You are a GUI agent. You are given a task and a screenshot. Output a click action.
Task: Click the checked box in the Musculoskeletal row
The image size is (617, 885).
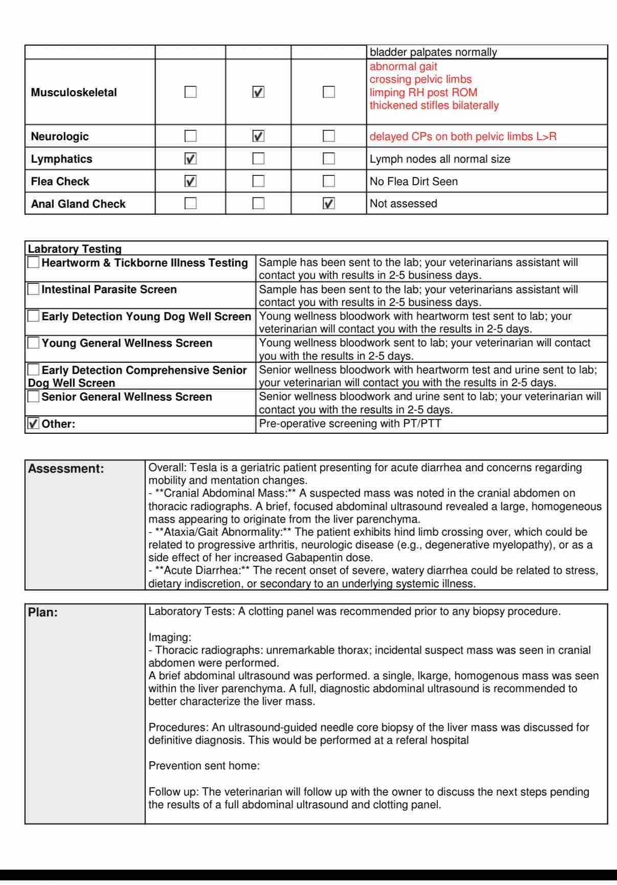click(x=259, y=93)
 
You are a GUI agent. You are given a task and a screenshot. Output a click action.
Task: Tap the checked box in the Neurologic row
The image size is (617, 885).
click(x=259, y=136)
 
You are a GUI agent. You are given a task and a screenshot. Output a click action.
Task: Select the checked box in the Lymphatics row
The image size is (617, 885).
click(x=190, y=159)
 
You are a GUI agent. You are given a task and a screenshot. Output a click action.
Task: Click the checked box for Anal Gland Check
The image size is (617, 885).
click(x=329, y=204)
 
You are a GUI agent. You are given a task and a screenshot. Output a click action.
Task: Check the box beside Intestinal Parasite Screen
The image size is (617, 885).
click(x=34, y=290)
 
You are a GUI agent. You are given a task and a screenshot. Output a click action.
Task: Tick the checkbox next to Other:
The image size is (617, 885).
click(x=34, y=424)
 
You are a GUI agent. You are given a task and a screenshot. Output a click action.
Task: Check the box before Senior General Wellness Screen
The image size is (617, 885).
click(x=34, y=396)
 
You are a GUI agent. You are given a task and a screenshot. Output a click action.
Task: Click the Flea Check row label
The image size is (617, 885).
click(x=60, y=182)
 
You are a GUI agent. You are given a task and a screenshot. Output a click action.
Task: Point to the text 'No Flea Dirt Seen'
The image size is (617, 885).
click(x=413, y=182)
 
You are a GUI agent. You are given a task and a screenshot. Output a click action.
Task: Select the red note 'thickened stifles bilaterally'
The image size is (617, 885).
click(x=434, y=105)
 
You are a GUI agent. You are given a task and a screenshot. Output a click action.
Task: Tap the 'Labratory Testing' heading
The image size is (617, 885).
click(x=75, y=249)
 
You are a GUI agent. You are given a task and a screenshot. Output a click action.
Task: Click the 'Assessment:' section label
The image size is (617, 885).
click(x=66, y=469)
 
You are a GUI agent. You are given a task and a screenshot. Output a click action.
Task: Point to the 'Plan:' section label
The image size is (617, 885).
click(x=43, y=612)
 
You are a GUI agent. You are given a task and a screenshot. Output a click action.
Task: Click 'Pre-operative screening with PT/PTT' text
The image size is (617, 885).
click(x=350, y=424)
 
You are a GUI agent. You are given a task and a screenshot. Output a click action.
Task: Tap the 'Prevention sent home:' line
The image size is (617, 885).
click(x=204, y=766)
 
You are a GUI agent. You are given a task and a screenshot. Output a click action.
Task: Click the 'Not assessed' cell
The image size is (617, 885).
click(x=403, y=204)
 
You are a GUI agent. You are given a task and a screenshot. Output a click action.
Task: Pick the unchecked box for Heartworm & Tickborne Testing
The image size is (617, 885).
click(x=34, y=263)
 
